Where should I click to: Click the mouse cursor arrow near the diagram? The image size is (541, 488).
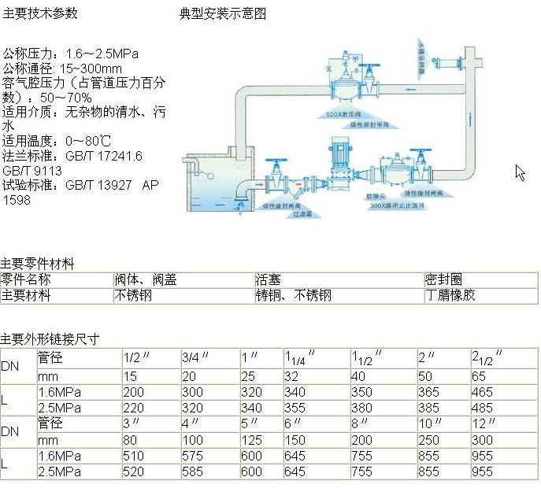point(521,172)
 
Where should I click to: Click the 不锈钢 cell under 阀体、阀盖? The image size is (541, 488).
point(133,296)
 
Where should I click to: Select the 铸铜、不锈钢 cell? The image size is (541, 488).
point(294,296)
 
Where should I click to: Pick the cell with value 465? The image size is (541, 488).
point(483,391)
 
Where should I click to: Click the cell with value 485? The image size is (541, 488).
point(483,408)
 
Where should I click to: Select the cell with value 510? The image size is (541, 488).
point(134,456)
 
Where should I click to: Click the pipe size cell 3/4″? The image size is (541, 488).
point(195,357)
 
